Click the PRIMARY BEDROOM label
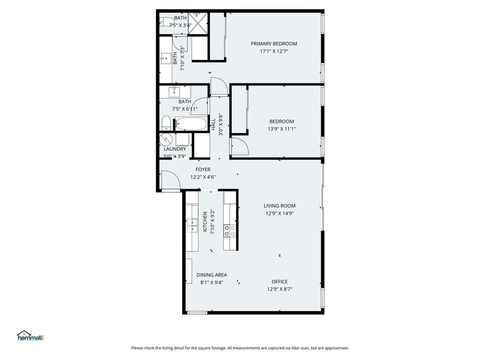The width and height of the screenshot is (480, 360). point(273,44)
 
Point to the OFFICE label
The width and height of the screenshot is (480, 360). point(279,281)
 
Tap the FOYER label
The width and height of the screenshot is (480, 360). point(202,170)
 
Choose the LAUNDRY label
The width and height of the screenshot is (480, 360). point(174,149)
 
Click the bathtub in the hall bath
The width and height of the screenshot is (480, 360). point(187,125)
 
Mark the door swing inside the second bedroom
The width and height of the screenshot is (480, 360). point(240,146)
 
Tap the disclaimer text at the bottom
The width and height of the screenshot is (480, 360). point(240,348)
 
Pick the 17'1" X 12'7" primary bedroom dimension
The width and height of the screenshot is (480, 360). point(273,52)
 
